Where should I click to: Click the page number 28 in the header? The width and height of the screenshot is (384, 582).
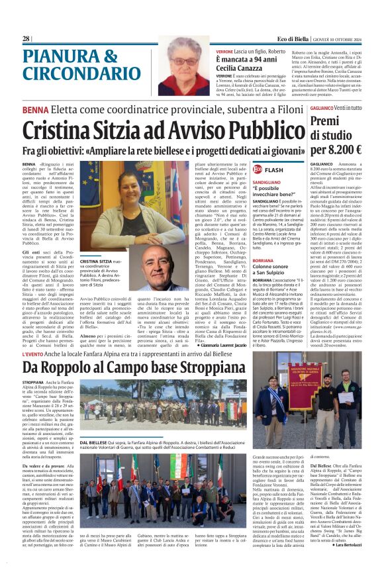pyautogui.click(x=26, y=39)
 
